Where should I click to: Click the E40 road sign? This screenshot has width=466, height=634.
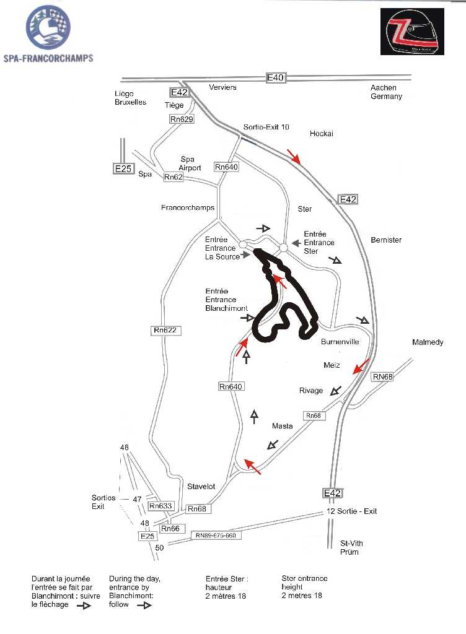(275, 77)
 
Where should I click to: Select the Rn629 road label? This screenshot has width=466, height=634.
(182, 119)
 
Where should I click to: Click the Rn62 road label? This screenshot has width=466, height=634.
(174, 177)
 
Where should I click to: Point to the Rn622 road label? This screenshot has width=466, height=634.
(166, 331)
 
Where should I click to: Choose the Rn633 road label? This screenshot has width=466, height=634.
(161, 506)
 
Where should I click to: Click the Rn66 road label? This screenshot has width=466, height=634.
(170, 529)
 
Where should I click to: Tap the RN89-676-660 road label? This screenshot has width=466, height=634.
(216, 536)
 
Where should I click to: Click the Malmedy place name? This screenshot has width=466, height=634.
(428, 342)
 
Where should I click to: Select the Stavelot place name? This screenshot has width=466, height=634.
(201, 487)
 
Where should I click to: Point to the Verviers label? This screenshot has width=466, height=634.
(223, 87)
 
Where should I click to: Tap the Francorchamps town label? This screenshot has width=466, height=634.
(188, 208)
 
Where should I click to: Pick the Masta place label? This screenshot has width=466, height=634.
(282, 426)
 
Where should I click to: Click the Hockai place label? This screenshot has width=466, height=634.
(322, 134)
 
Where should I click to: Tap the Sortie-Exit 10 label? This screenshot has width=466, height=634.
(266, 127)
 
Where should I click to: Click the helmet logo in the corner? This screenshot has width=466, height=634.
(412, 32)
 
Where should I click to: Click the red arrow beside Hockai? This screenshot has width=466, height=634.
(294, 157)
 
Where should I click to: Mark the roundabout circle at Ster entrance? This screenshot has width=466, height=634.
(283, 248)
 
